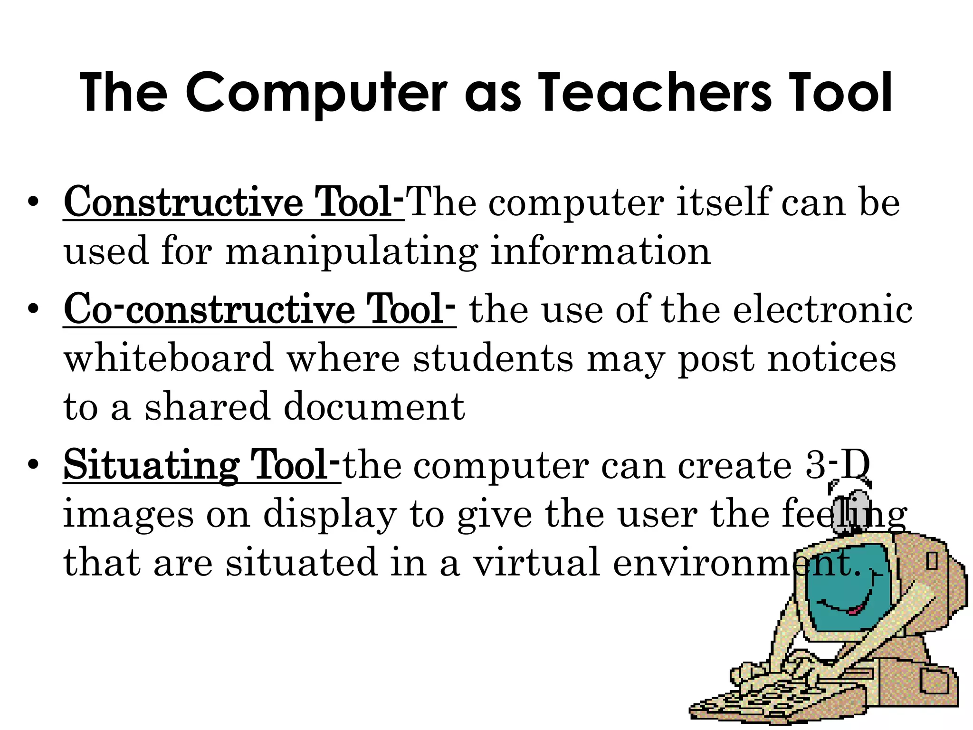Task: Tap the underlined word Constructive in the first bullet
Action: coord(183,202)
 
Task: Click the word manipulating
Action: coord(352,252)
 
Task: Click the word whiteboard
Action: coord(169,358)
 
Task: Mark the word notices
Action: coord(832,358)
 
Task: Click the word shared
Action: coord(207,407)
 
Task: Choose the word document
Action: coord(374,407)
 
